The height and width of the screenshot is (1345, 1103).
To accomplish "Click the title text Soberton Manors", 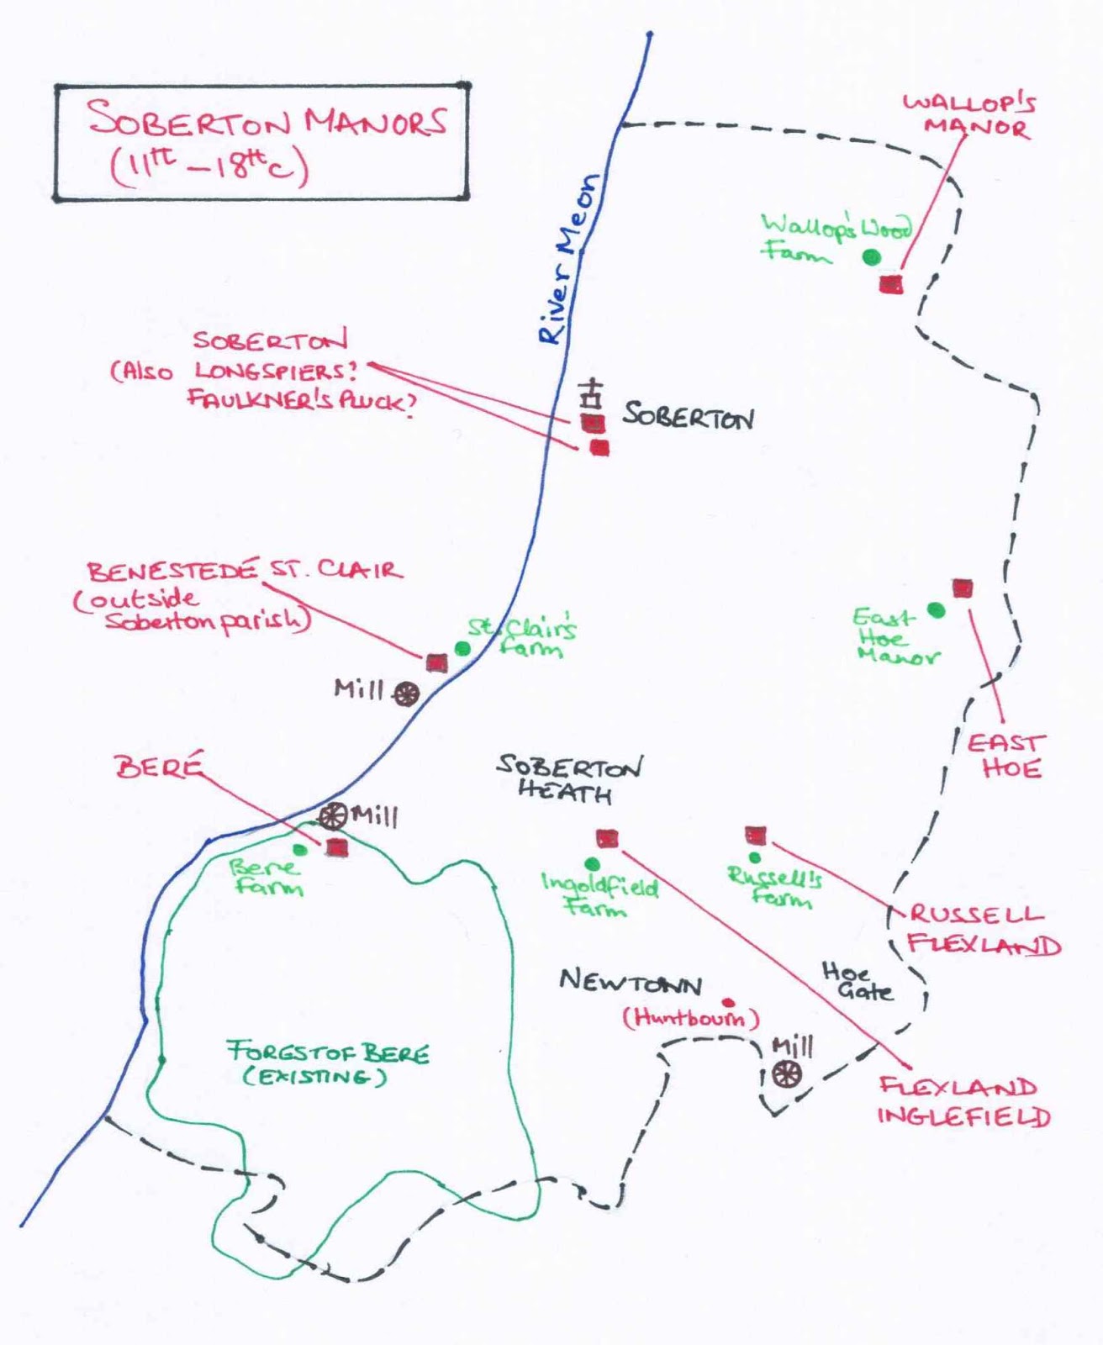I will [x=267, y=120].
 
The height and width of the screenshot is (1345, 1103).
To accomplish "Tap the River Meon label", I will [x=570, y=260].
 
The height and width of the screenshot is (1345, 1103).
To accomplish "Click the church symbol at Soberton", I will [x=594, y=393].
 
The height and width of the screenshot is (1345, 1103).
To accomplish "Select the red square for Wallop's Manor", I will [x=891, y=284].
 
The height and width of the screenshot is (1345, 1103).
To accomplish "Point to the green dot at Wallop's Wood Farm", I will [x=872, y=257].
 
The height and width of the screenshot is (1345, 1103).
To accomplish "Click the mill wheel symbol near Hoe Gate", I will [x=787, y=1073].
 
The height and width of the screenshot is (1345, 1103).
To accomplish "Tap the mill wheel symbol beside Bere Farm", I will [x=333, y=815].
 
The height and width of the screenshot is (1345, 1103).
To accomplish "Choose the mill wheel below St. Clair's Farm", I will [x=407, y=694].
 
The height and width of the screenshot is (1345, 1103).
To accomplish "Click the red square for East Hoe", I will [x=963, y=588].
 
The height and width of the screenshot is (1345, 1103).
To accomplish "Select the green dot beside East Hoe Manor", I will [x=936, y=611].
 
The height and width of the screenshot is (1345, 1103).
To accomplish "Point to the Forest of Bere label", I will [x=328, y=1063].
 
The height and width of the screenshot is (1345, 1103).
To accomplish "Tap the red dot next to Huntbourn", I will [x=728, y=1003].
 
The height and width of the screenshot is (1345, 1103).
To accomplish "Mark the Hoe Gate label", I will [x=857, y=983].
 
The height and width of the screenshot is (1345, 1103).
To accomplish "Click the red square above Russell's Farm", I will [x=756, y=835].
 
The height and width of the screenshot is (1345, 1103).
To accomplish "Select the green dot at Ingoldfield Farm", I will [x=592, y=864].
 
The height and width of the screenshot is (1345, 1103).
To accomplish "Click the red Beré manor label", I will [x=159, y=767].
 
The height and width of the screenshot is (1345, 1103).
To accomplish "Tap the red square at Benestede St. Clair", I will [x=435, y=662].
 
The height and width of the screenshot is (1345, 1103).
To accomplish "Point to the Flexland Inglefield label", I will [x=963, y=1101].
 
